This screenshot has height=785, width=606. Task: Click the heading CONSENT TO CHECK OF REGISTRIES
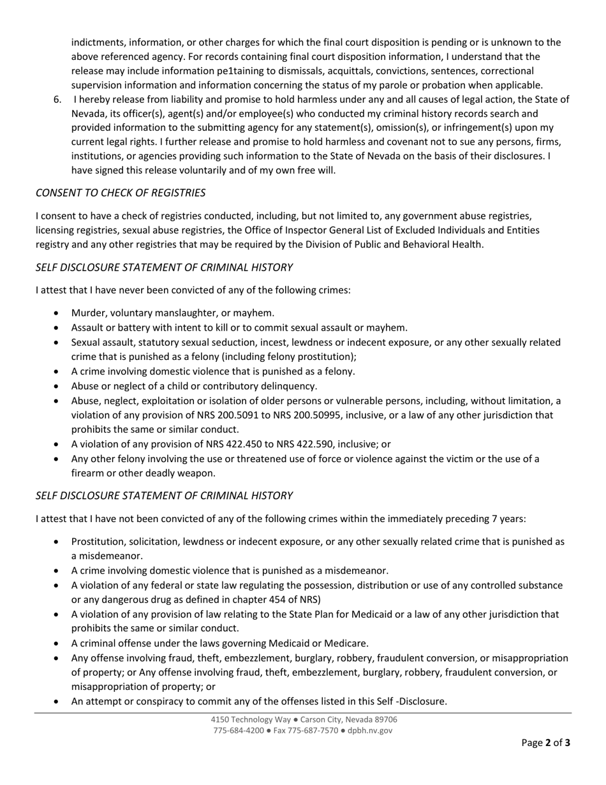click(x=121, y=192)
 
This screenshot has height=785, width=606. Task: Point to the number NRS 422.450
click(x=213, y=444)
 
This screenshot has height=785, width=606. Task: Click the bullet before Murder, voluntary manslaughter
click(x=58, y=313)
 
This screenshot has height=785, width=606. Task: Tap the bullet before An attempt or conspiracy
click(x=58, y=701)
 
